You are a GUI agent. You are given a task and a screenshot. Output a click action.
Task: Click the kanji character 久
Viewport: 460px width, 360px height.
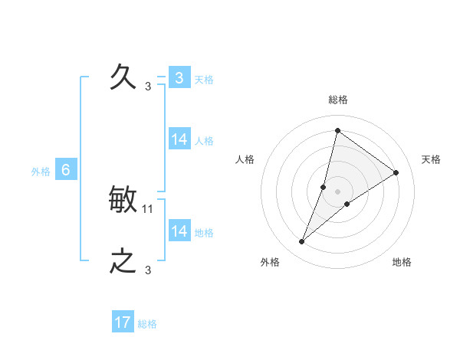(x=123, y=77)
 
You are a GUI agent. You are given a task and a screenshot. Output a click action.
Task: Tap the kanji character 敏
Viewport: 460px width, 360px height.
(x=123, y=201)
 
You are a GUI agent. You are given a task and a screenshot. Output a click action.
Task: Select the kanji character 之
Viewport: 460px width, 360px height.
(x=123, y=262)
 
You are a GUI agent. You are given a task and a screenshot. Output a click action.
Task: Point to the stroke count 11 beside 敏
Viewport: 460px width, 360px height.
(x=148, y=208)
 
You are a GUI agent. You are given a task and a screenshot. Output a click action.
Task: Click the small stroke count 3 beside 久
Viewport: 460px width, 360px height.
(x=148, y=87)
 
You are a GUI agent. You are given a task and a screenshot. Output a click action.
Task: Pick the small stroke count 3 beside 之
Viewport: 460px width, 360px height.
(x=148, y=270)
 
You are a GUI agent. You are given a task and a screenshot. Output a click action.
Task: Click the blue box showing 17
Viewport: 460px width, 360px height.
(x=123, y=322)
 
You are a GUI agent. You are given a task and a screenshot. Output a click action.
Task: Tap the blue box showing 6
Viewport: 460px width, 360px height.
(x=66, y=170)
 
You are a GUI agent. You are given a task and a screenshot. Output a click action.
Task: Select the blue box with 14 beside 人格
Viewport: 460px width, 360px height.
(x=179, y=139)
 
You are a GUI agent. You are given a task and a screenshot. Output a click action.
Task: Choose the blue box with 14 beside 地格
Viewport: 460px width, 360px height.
(x=179, y=231)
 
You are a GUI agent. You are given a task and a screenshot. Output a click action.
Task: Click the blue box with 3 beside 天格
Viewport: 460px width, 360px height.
(x=179, y=78)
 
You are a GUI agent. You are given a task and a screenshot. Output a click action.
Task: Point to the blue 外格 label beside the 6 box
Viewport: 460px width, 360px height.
(x=41, y=172)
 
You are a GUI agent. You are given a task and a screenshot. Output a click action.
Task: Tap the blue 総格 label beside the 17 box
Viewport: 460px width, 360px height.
(x=147, y=324)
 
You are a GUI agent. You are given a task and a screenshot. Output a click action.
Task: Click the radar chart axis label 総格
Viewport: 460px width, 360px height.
(x=337, y=100)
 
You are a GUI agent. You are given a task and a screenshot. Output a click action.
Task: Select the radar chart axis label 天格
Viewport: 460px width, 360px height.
(x=431, y=159)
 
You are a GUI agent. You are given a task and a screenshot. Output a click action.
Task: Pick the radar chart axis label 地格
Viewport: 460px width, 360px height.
(x=402, y=262)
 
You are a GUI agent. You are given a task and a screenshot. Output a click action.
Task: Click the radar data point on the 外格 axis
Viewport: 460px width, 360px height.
(x=302, y=242)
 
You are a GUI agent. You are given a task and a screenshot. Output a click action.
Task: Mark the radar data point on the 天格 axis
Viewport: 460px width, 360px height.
(x=396, y=172)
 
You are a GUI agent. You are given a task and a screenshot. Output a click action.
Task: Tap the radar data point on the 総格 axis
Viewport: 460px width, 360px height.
(x=337, y=130)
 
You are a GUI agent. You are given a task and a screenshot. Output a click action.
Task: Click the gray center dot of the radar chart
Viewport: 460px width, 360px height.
(x=337, y=191)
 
